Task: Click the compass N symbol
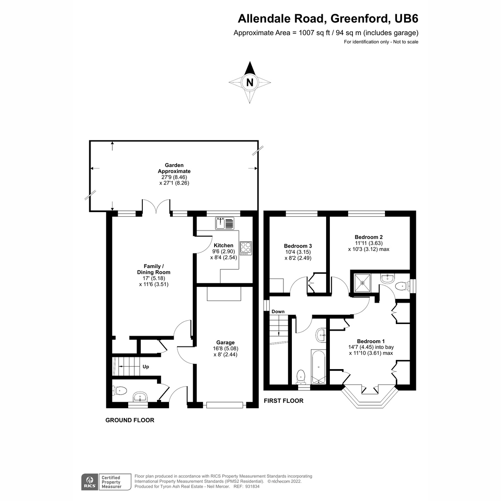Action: [x=250, y=83]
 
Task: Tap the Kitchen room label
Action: [x=223, y=245]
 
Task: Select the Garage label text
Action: [x=225, y=342]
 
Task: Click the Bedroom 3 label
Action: [x=298, y=246]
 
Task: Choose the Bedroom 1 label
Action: [x=371, y=341]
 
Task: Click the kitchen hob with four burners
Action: [x=246, y=248]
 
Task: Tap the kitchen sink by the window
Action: [x=225, y=223]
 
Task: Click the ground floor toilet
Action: [x=119, y=391]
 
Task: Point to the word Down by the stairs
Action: [x=278, y=311]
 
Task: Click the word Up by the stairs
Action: [x=146, y=367]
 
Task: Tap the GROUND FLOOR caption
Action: [x=129, y=420]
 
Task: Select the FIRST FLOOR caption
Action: [x=283, y=401]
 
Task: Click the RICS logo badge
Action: [x=89, y=482]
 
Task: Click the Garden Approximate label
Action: [x=174, y=168]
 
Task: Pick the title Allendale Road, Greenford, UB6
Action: [x=328, y=19]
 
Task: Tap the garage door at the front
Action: [x=225, y=405]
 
